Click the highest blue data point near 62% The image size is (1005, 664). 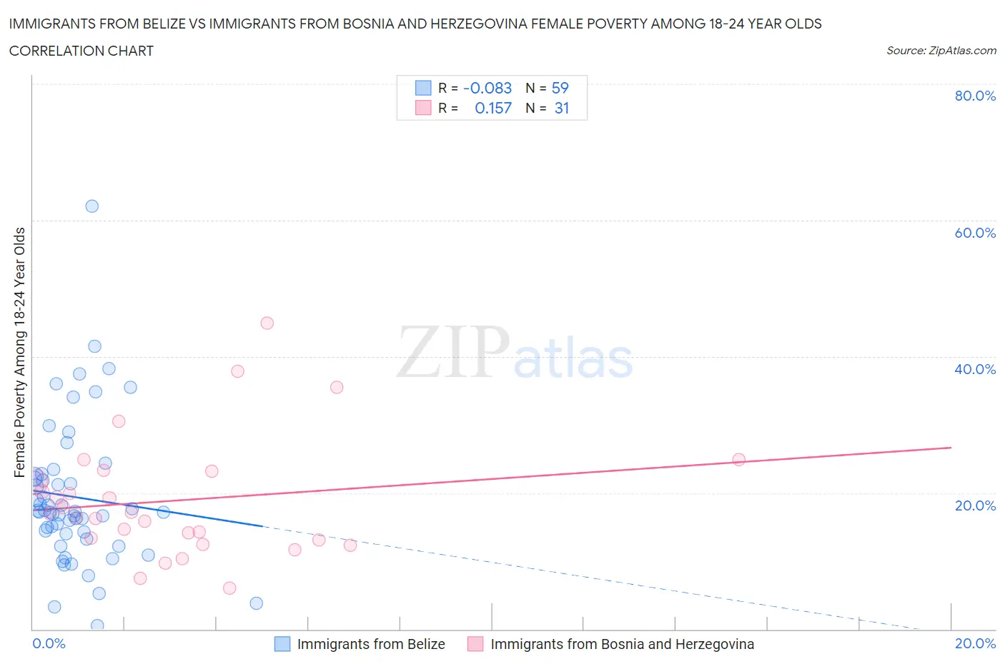pyautogui.click(x=92, y=206)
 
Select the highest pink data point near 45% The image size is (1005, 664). pyautogui.click(x=267, y=323)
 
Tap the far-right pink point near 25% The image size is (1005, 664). pyautogui.click(x=738, y=460)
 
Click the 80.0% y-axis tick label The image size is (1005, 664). pyautogui.click(x=975, y=96)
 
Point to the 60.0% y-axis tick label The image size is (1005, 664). pyautogui.click(x=975, y=233)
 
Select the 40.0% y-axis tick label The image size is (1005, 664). pyautogui.click(x=975, y=369)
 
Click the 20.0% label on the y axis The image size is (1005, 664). pyautogui.click(x=975, y=505)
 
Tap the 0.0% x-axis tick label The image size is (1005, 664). pyautogui.click(x=49, y=643)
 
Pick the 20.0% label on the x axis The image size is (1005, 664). pyautogui.click(x=975, y=643)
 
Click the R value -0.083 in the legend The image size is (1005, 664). pyautogui.click(x=487, y=88)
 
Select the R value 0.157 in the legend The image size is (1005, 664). pyautogui.click(x=493, y=108)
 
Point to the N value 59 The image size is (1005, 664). pyautogui.click(x=560, y=88)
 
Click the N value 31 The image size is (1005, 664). pyautogui.click(x=562, y=108)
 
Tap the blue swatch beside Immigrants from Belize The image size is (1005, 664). pyautogui.click(x=282, y=644)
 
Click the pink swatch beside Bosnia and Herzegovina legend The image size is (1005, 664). pyautogui.click(x=475, y=644)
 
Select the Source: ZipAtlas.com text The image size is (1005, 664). pyautogui.click(x=941, y=50)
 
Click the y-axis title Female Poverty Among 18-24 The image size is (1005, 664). pyautogui.click(x=19, y=352)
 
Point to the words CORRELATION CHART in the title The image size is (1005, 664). pyautogui.click(x=81, y=51)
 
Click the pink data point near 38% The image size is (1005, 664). pyautogui.click(x=237, y=371)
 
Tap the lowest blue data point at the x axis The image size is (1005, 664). pyautogui.click(x=97, y=625)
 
